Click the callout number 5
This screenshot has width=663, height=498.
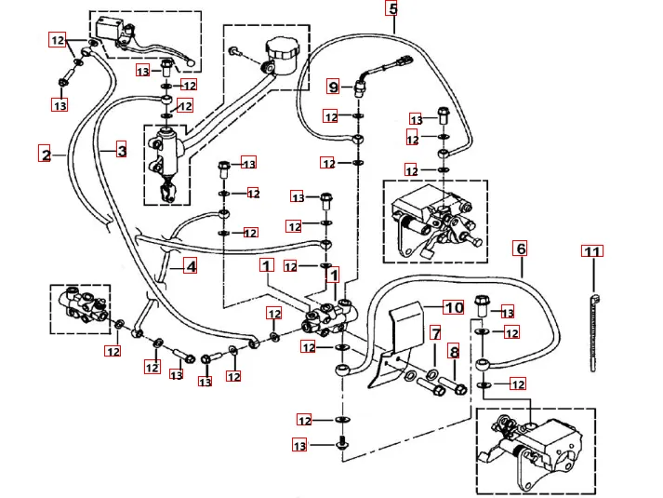[392, 10]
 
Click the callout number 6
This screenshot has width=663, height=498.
[521, 249]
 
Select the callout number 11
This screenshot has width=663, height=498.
[592, 250]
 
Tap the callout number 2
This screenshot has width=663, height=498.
[45, 154]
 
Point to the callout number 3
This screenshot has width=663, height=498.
[121, 149]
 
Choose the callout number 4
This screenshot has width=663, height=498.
[190, 267]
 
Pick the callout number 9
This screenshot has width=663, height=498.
[334, 87]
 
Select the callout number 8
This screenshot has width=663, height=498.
[454, 353]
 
